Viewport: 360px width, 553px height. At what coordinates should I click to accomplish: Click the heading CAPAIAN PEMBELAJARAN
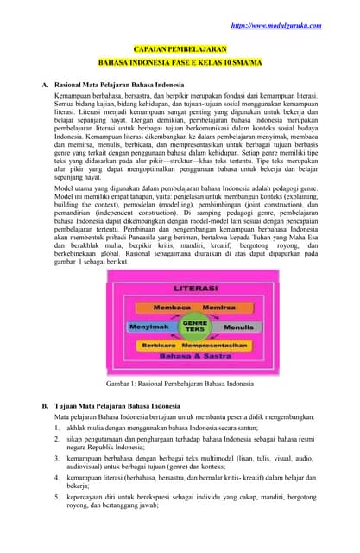(180, 51)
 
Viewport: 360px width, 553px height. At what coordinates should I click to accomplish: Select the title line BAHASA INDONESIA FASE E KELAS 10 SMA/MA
(180, 64)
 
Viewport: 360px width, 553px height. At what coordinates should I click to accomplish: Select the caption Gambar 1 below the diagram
(180, 382)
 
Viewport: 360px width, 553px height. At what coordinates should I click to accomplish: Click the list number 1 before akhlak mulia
(56, 427)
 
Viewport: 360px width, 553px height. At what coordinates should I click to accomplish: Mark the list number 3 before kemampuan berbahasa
(56, 461)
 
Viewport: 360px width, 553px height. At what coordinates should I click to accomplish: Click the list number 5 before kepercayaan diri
(56, 499)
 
